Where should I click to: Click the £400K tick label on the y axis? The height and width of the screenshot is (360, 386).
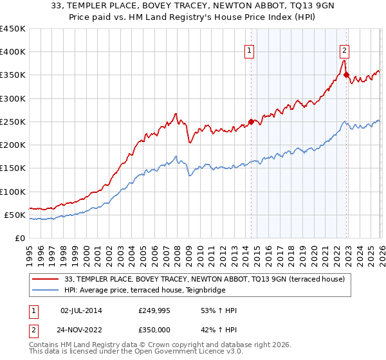(12, 52)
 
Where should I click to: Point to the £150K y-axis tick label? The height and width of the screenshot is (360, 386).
(12, 168)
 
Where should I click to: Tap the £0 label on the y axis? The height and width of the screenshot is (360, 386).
(19, 238)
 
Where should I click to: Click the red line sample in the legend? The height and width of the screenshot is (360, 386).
(46, 279)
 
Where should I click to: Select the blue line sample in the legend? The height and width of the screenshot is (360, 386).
(46, 290)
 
